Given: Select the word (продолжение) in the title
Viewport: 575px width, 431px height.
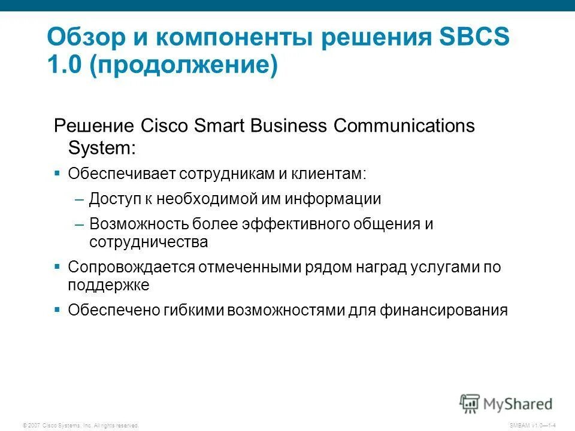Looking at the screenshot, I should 184,65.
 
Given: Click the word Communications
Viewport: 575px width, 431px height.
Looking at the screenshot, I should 404,126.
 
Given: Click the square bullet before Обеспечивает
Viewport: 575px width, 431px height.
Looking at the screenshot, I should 57,173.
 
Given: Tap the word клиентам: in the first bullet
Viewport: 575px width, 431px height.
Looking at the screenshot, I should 328,174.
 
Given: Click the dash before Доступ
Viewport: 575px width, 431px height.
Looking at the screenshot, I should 80,199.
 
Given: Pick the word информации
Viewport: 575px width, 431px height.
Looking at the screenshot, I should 332,199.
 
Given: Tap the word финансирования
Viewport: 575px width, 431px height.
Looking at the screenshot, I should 443,310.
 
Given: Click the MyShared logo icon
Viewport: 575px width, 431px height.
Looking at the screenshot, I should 470,402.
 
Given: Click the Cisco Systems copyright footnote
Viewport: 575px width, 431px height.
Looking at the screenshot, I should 80,425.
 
